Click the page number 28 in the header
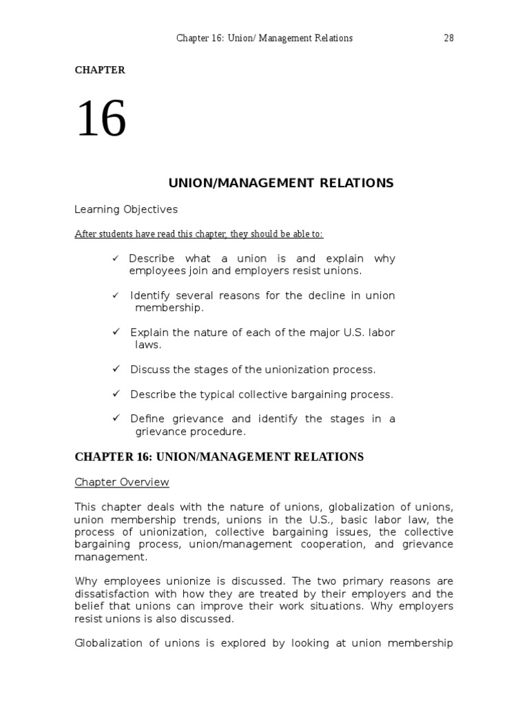448,39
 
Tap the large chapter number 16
101,119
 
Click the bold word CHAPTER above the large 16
100,70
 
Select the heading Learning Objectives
125,209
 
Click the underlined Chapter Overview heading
121,482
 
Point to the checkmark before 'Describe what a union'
115,259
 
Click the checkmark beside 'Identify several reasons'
116,295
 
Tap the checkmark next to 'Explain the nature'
116,333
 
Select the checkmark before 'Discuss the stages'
116,370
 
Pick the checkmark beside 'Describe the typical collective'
116,394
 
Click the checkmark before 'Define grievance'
116,419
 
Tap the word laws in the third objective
147,345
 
